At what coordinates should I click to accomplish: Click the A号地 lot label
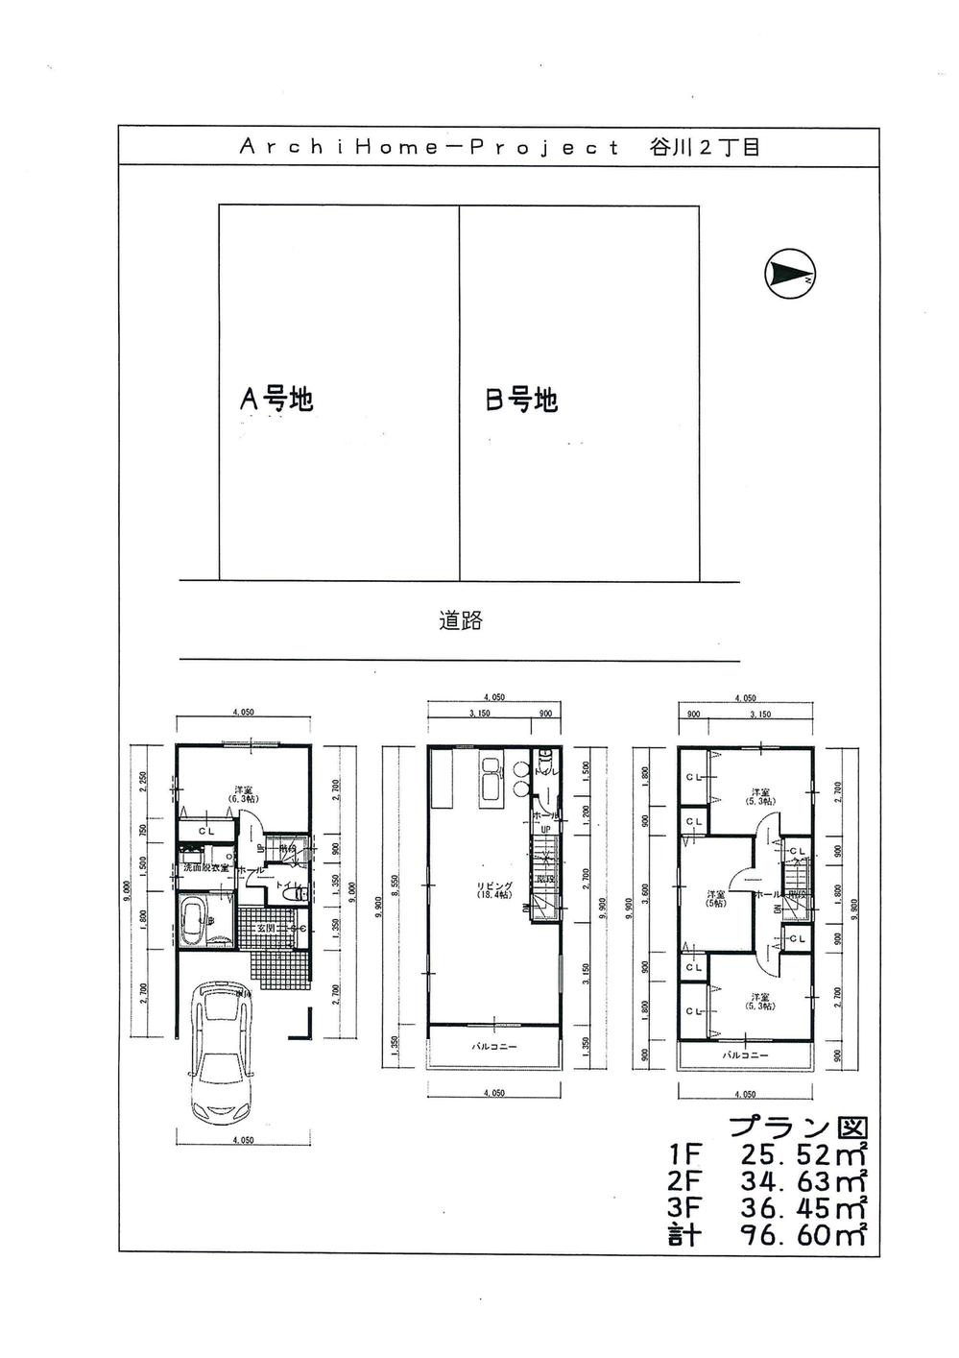pos(276,399)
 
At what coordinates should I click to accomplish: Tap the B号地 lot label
pos(521,400)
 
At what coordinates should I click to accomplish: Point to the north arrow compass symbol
pos(790,276)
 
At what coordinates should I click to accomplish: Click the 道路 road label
pos(461,620)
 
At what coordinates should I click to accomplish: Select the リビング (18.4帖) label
pos(493,889)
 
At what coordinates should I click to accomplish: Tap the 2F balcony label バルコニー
pos(493,1047)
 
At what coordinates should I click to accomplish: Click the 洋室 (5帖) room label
pos(714,896)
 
